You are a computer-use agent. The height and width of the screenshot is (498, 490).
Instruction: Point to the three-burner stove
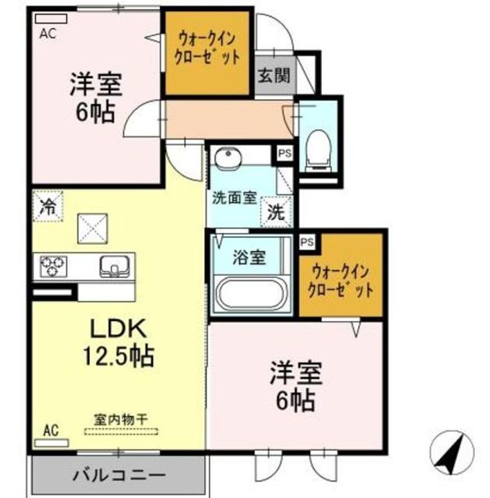(53, 266)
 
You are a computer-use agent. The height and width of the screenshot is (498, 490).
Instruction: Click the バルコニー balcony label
(118, 476)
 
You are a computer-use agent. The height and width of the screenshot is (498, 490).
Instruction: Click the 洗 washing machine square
(275, 212)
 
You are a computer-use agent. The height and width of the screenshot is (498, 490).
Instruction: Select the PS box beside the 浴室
(307, 241)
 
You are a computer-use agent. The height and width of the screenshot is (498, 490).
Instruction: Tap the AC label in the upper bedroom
(47, 32)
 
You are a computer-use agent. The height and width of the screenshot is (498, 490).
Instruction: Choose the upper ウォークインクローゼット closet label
(206, 46)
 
